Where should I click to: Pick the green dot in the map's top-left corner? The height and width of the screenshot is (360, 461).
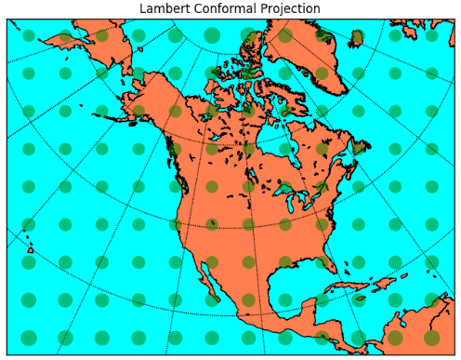28,36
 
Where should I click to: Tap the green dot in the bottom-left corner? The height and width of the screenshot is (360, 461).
28,337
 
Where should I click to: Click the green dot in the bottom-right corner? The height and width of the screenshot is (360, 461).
431,337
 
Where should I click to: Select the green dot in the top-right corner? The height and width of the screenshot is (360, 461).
431,36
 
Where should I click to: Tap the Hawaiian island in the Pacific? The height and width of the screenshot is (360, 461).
30,249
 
